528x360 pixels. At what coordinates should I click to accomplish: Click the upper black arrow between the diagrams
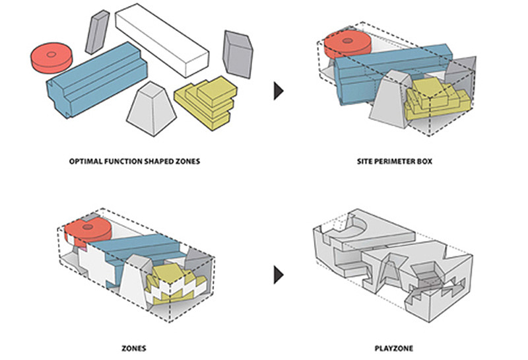279,91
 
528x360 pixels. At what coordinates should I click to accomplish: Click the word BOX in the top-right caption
424,161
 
